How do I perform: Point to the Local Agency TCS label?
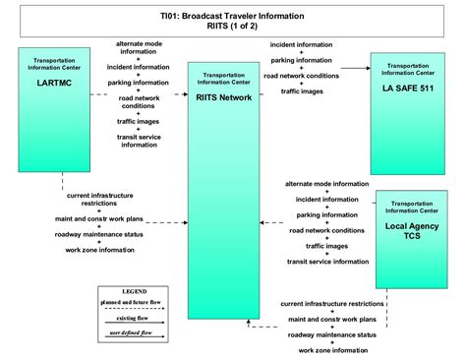click(412, 232)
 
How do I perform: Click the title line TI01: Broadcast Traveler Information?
click(233, 17)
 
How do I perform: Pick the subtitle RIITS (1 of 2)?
click(233, 29)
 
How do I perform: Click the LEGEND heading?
click(134, 293)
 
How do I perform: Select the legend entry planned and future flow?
click(134, 306)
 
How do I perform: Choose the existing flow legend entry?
click(134, 321)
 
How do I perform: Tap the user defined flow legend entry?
click(134, 334)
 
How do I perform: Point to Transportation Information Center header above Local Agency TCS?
click(412, 208)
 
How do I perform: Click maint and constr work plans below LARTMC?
click(100, 217)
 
